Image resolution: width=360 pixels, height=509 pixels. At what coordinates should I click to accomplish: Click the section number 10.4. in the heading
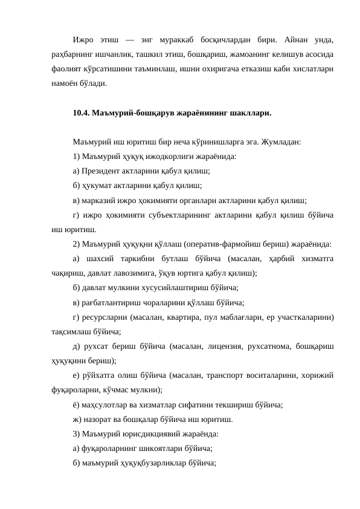point(80,113)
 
